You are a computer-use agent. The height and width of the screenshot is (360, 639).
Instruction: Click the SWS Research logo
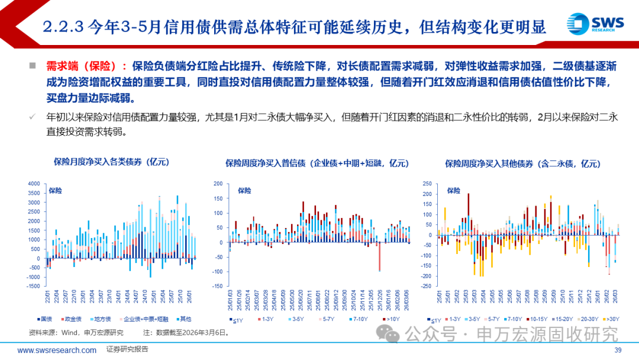point(594,23)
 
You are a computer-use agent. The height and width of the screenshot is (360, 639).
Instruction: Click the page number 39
point(618,350)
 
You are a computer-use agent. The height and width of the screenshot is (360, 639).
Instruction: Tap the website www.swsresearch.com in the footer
point(57,350)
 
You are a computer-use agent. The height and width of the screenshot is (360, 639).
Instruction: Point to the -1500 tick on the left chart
point(34,286)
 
